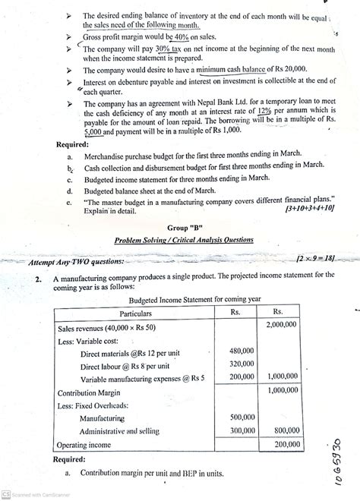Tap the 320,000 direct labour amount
pyautogui.click(x=241, y=364)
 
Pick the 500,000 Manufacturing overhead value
pyautogui.click(x=241, y=417)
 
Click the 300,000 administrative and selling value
pyautogui.click(x=241, y=430)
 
